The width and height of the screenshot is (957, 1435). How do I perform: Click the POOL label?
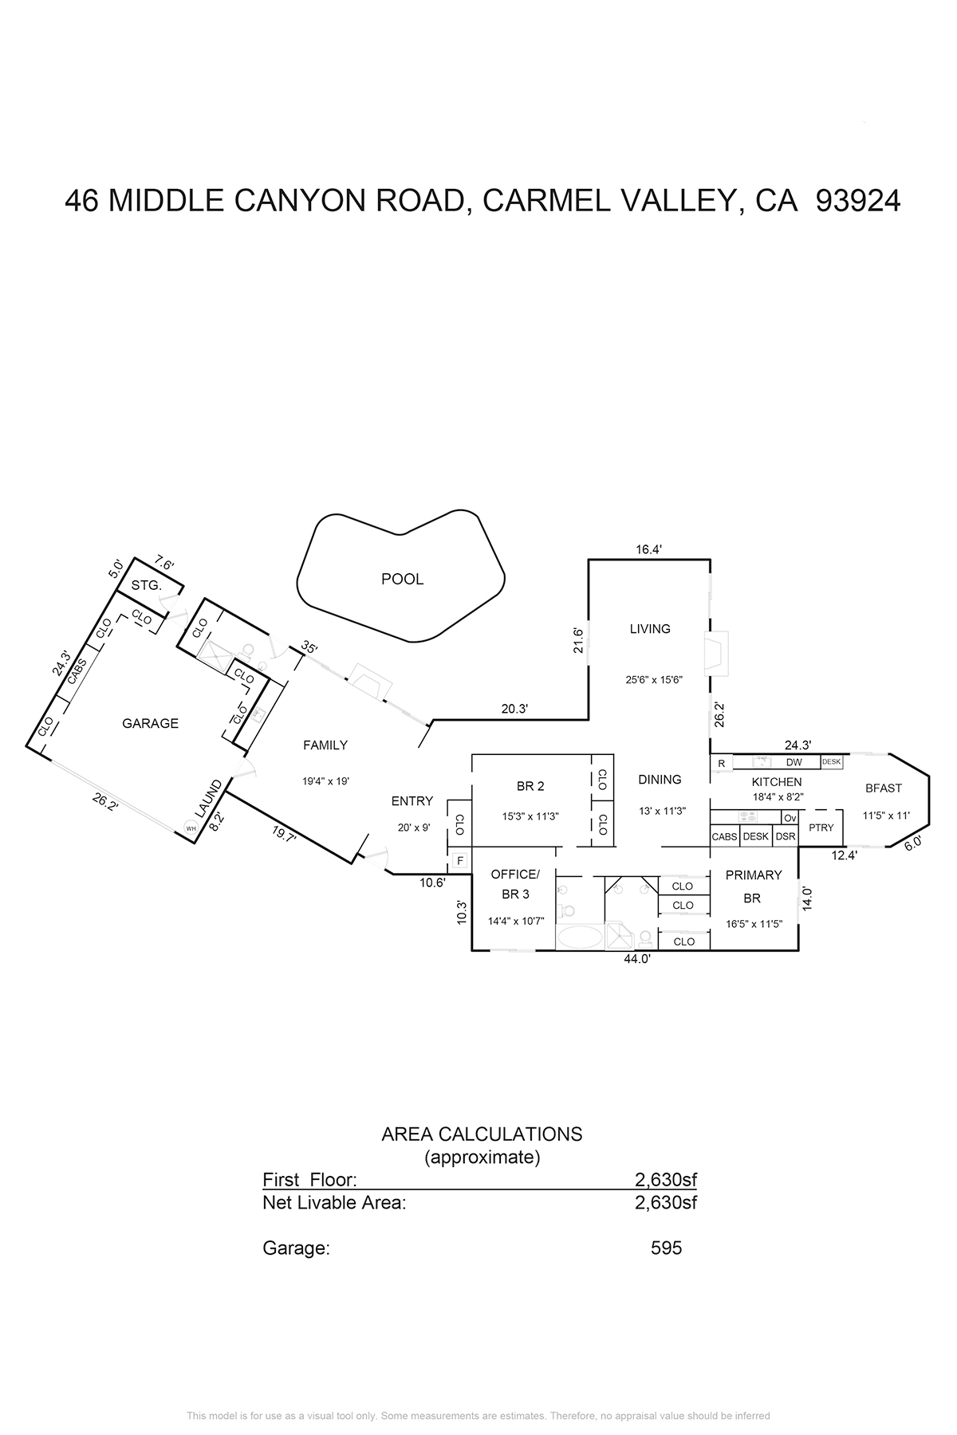[x=402, y=580]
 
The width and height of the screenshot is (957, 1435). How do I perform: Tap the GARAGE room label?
[x=150, y=724]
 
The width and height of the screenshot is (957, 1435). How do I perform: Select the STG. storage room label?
[x=147, y=586]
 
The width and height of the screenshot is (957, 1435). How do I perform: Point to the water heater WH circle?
[x=191, y=828]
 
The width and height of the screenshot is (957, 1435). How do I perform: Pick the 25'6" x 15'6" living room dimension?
[x=654, y=681]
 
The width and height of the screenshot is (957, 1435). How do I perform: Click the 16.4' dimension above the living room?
[x=649, y=548]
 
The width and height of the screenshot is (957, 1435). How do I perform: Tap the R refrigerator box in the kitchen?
[x=721, y=763]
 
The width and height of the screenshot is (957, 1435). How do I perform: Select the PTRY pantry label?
[x=821, y=828]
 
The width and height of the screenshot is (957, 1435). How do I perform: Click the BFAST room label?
[x=884, y=788]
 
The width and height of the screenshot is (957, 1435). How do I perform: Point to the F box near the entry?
[x=459, y=861]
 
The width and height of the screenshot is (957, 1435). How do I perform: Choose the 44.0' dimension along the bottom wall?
[x=637, y=960]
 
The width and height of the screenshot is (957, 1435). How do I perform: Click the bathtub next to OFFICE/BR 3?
[x=580, y=937]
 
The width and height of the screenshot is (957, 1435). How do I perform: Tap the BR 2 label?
[x=530, y=787]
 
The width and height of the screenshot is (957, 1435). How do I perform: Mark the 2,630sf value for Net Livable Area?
[x=666, y=1202]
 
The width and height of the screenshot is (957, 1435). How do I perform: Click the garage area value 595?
[x=667, y=1248]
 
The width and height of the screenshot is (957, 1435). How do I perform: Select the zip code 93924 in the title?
[x=859, y=202]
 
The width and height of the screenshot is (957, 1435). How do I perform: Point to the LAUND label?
[x=211, y=799]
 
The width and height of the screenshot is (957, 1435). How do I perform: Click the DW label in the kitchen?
[x=794, y=763]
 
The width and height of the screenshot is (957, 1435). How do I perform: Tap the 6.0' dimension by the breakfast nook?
[x=912, y=843]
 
